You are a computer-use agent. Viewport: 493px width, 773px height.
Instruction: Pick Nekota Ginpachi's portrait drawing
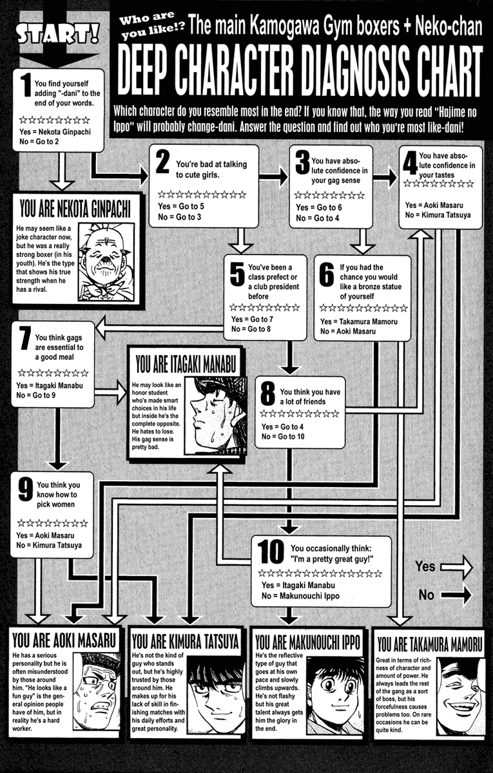tap(106, 261)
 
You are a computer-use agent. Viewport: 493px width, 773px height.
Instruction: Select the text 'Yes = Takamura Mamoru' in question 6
tap(360, 321)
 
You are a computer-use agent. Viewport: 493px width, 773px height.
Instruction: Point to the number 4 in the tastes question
tap(409, 165)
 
